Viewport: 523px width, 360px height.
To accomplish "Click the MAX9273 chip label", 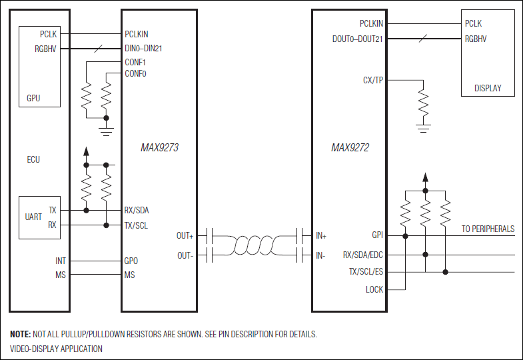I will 159,148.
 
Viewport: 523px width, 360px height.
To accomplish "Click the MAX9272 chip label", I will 350,148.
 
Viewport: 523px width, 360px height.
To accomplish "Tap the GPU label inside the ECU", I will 33,98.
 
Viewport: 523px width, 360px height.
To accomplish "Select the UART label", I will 33,217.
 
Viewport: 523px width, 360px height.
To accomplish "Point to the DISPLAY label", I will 488,88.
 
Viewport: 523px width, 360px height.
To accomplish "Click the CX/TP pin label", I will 372,80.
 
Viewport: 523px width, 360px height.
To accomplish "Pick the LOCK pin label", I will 374,289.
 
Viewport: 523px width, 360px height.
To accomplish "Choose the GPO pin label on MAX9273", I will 131,261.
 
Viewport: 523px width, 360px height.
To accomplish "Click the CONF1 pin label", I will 135,62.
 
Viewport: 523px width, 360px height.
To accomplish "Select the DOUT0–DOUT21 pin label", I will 357,39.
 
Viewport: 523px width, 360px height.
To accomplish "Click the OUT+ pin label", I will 185,235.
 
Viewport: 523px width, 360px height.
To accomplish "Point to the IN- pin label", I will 320,255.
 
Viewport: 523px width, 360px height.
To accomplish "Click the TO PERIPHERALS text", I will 488,229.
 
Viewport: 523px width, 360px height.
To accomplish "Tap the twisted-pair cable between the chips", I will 254,245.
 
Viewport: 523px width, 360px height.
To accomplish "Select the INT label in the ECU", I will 61,261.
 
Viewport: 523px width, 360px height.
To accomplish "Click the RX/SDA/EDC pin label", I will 363,255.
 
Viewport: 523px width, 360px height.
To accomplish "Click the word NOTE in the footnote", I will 19,334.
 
